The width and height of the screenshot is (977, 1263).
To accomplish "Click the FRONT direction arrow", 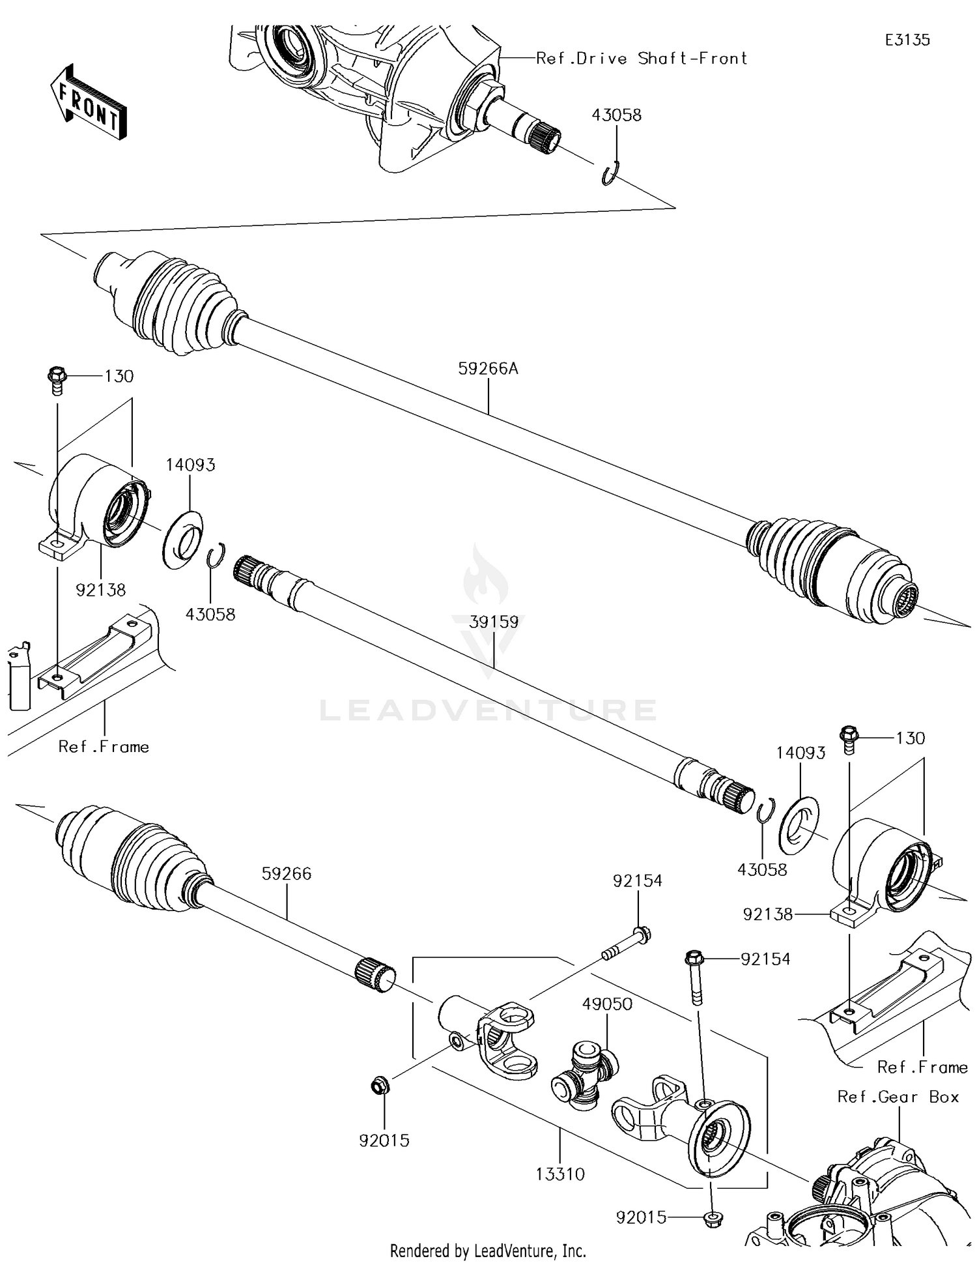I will pos(89,102).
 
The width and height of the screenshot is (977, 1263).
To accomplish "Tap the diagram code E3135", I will pos(907,40).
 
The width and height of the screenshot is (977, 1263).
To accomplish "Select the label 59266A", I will pos(488,369).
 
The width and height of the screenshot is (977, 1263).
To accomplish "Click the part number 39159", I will pos(494,622).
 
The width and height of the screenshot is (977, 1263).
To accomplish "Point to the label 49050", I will pos(607,1004).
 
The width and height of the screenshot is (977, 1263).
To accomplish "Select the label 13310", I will pos(560,1174).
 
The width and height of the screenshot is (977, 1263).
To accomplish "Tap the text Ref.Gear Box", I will pos(898,1097).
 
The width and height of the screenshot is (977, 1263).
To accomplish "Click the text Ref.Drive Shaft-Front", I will pos(642,59).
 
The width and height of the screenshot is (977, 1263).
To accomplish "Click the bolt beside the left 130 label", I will pos(57,380).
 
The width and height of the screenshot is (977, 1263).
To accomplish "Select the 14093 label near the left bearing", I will pos(190,465).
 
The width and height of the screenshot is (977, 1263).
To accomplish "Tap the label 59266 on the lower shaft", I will pos(287,873).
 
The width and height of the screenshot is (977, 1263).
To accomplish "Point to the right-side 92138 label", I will pos(768,914).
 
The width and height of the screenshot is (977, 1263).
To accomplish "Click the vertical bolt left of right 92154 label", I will pos(695,976).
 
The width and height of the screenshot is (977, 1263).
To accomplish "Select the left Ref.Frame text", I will pos(104,747).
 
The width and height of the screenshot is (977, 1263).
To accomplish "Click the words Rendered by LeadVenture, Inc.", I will pos(488,1251).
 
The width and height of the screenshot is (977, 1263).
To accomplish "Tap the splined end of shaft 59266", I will pos(375,974).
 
